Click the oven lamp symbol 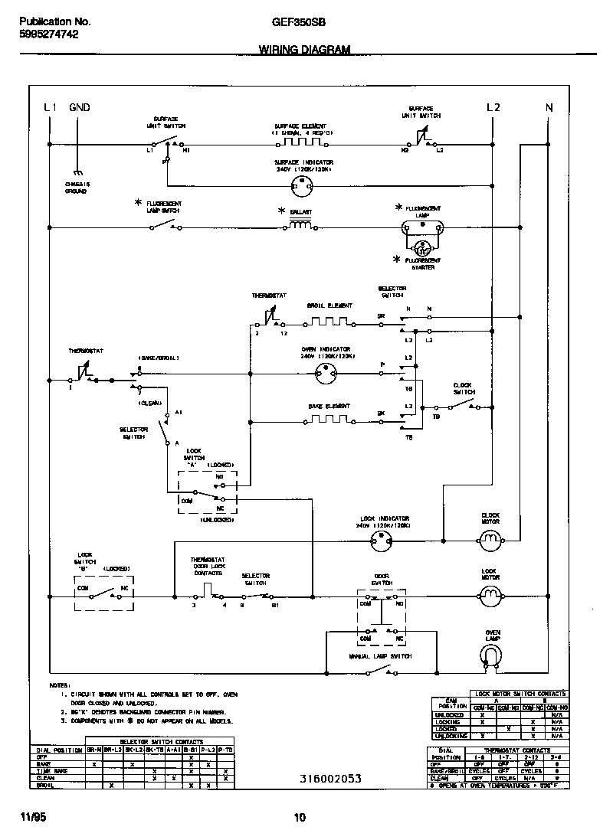pos(490,653)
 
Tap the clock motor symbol pos(490,542)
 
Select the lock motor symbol pos(490,594)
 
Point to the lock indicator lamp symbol pos(380,542)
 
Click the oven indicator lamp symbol pos(327,374)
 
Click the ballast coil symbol pos(300,226)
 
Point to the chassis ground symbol pos(77,174)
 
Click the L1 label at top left pos(50,108)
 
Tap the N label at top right pos(549,108)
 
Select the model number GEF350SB pos(299,23)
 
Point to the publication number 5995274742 pos(48,34)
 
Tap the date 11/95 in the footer pos(28,817)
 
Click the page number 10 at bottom pos(300,818)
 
